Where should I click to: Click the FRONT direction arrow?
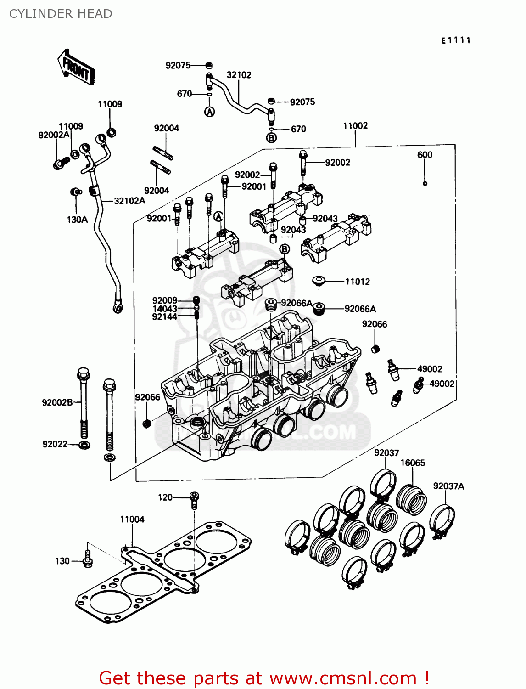[76, 68]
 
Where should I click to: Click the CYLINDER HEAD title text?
[61, 14]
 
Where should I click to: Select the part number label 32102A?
[129, 201]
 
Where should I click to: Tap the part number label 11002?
[355, 126]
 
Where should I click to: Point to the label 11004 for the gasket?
[132, 520]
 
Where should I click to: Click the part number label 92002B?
[57, 403]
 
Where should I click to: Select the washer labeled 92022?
[84, 445]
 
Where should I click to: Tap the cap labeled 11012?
[319, 280]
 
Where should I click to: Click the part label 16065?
[413, 463]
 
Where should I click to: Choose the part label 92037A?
[448, 486]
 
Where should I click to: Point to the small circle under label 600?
[425, 184]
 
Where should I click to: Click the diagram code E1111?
[456, 40]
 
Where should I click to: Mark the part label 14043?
[164, 309]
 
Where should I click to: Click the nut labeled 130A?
[75, 192]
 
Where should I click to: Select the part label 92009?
[164, 300]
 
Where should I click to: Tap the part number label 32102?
[239, 75]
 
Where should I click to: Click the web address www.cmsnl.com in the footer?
[343, 678]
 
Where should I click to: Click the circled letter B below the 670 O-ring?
[272, 138]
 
